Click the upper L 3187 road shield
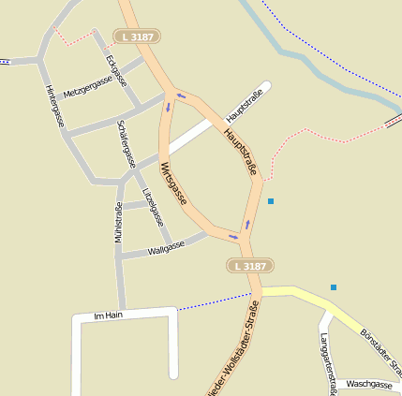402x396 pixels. (136, 37)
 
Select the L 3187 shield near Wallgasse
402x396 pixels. (250, 267)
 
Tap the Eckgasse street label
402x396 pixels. (117, 72)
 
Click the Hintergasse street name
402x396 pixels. (54, 105)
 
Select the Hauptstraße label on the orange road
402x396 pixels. (241, 152)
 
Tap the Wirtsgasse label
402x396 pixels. (173, 183)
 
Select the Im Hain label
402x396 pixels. (109, 315)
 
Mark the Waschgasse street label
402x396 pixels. (368, 384)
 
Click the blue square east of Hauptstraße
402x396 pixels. (271, 201)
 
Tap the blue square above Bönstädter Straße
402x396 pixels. (333, 287)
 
